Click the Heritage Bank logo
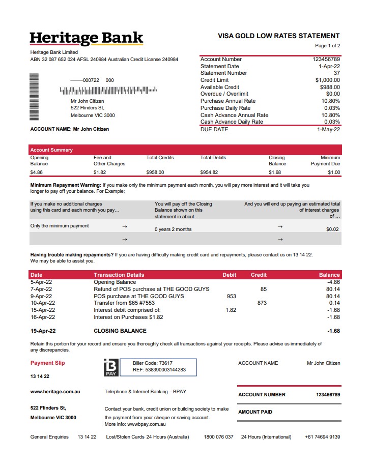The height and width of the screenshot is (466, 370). click(87, 39)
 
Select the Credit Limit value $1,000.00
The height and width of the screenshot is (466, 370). click(327, 80)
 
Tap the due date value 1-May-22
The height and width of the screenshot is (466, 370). click(329, 130)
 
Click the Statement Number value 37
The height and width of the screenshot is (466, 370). click(336, 73)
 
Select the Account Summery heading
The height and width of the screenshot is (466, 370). click(51, 150)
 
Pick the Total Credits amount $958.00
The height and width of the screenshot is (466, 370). click(155, 172)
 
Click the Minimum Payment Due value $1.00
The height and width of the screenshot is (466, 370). click(334, 172)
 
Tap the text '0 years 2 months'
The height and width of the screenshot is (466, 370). click(173, 229)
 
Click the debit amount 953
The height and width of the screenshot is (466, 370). click(231, 296)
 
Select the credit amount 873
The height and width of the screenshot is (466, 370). click(262, 303)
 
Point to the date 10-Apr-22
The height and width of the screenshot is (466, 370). click(43, 303)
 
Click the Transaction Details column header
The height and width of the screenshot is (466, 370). click(119, 275)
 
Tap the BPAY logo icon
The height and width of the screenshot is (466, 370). click(111, 367)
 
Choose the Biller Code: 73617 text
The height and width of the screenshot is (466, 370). click(153, 364)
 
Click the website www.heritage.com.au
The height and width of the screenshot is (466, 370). click(55, 392)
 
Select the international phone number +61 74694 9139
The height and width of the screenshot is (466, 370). click(323, 437)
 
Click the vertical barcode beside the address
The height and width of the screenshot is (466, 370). click(34, 95)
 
